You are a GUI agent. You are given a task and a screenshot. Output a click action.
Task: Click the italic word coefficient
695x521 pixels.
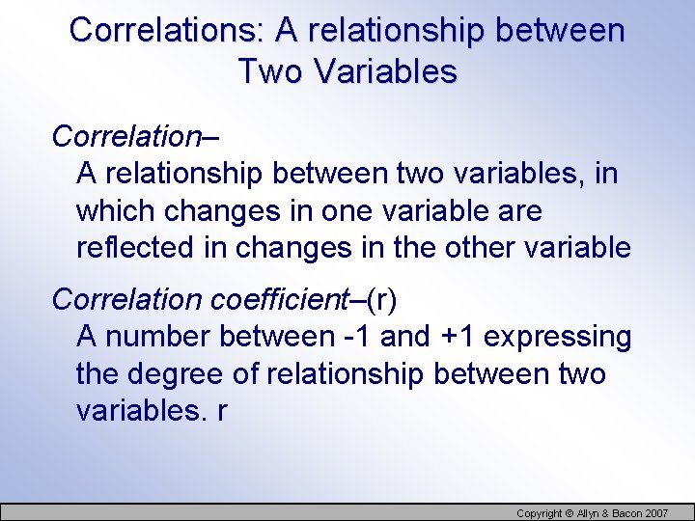[278, 300]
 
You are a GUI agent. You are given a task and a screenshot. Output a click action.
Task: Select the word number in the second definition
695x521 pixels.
[157, 337]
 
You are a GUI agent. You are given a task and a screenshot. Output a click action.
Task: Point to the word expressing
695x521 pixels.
[558, 337]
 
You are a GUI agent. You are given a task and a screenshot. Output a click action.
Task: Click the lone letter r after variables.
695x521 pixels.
[223, 410]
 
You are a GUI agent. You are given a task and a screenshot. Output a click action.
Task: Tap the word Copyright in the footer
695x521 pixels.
[543, 513]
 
